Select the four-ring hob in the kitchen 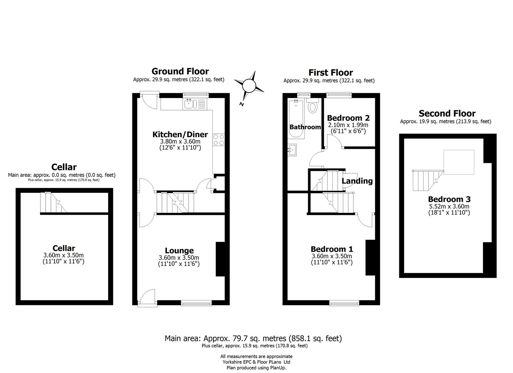pos(218,139)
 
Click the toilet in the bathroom pos(313,106)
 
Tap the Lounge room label pos(179,251)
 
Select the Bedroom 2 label pos(348,118)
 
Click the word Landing pos(357,181)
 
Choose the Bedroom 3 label pos(449,199)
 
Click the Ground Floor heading pos(180,71)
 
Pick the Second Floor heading pos(447,113)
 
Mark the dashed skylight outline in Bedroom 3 pos(459,162)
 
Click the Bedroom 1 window pos(344,303)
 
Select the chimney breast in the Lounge pos(220,259)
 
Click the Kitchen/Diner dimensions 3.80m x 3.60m pos(180,142)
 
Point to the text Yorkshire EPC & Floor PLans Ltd pos(256,362)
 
